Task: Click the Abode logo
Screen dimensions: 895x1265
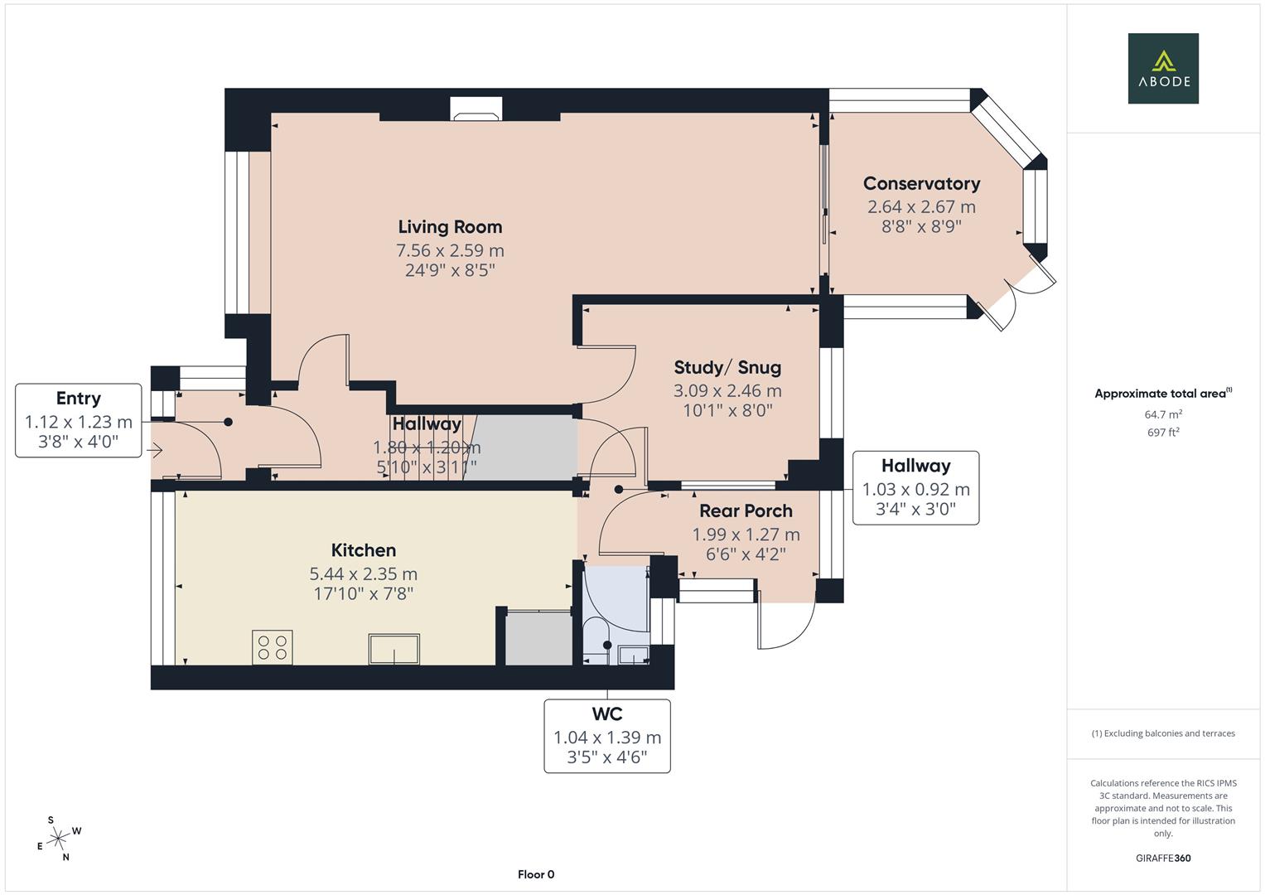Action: click(1162, 68)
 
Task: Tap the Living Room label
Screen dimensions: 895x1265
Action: click(450, 227)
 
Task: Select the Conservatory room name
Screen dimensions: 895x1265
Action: click(921, 184)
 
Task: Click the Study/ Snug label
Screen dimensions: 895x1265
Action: click(727, 367)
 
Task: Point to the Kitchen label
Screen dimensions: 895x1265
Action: click(363, 550)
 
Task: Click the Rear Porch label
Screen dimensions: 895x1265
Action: click(746, 511)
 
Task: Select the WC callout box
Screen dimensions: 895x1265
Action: click(607, 736)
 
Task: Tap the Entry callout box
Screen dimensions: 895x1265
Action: click(79, 420)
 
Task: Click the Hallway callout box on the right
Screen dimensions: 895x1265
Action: click(915, 488)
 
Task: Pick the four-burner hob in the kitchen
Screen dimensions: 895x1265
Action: click(273, 647)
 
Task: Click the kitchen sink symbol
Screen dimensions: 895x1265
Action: click(394, 649)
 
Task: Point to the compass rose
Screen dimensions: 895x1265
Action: click(58, 839)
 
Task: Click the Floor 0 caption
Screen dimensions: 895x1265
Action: click(536, 874)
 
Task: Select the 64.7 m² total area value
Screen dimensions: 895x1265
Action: click(1163, 414)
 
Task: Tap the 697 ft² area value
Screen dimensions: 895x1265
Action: click(1163, 432)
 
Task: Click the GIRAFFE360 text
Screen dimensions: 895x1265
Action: click(1163, 858)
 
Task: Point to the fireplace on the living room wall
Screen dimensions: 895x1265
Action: click(476, 109)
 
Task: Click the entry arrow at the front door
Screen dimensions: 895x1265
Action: click(155, 452)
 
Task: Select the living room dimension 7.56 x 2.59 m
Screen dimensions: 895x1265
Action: click(450, 250)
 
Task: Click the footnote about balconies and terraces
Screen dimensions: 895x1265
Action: click(1163, 733)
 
